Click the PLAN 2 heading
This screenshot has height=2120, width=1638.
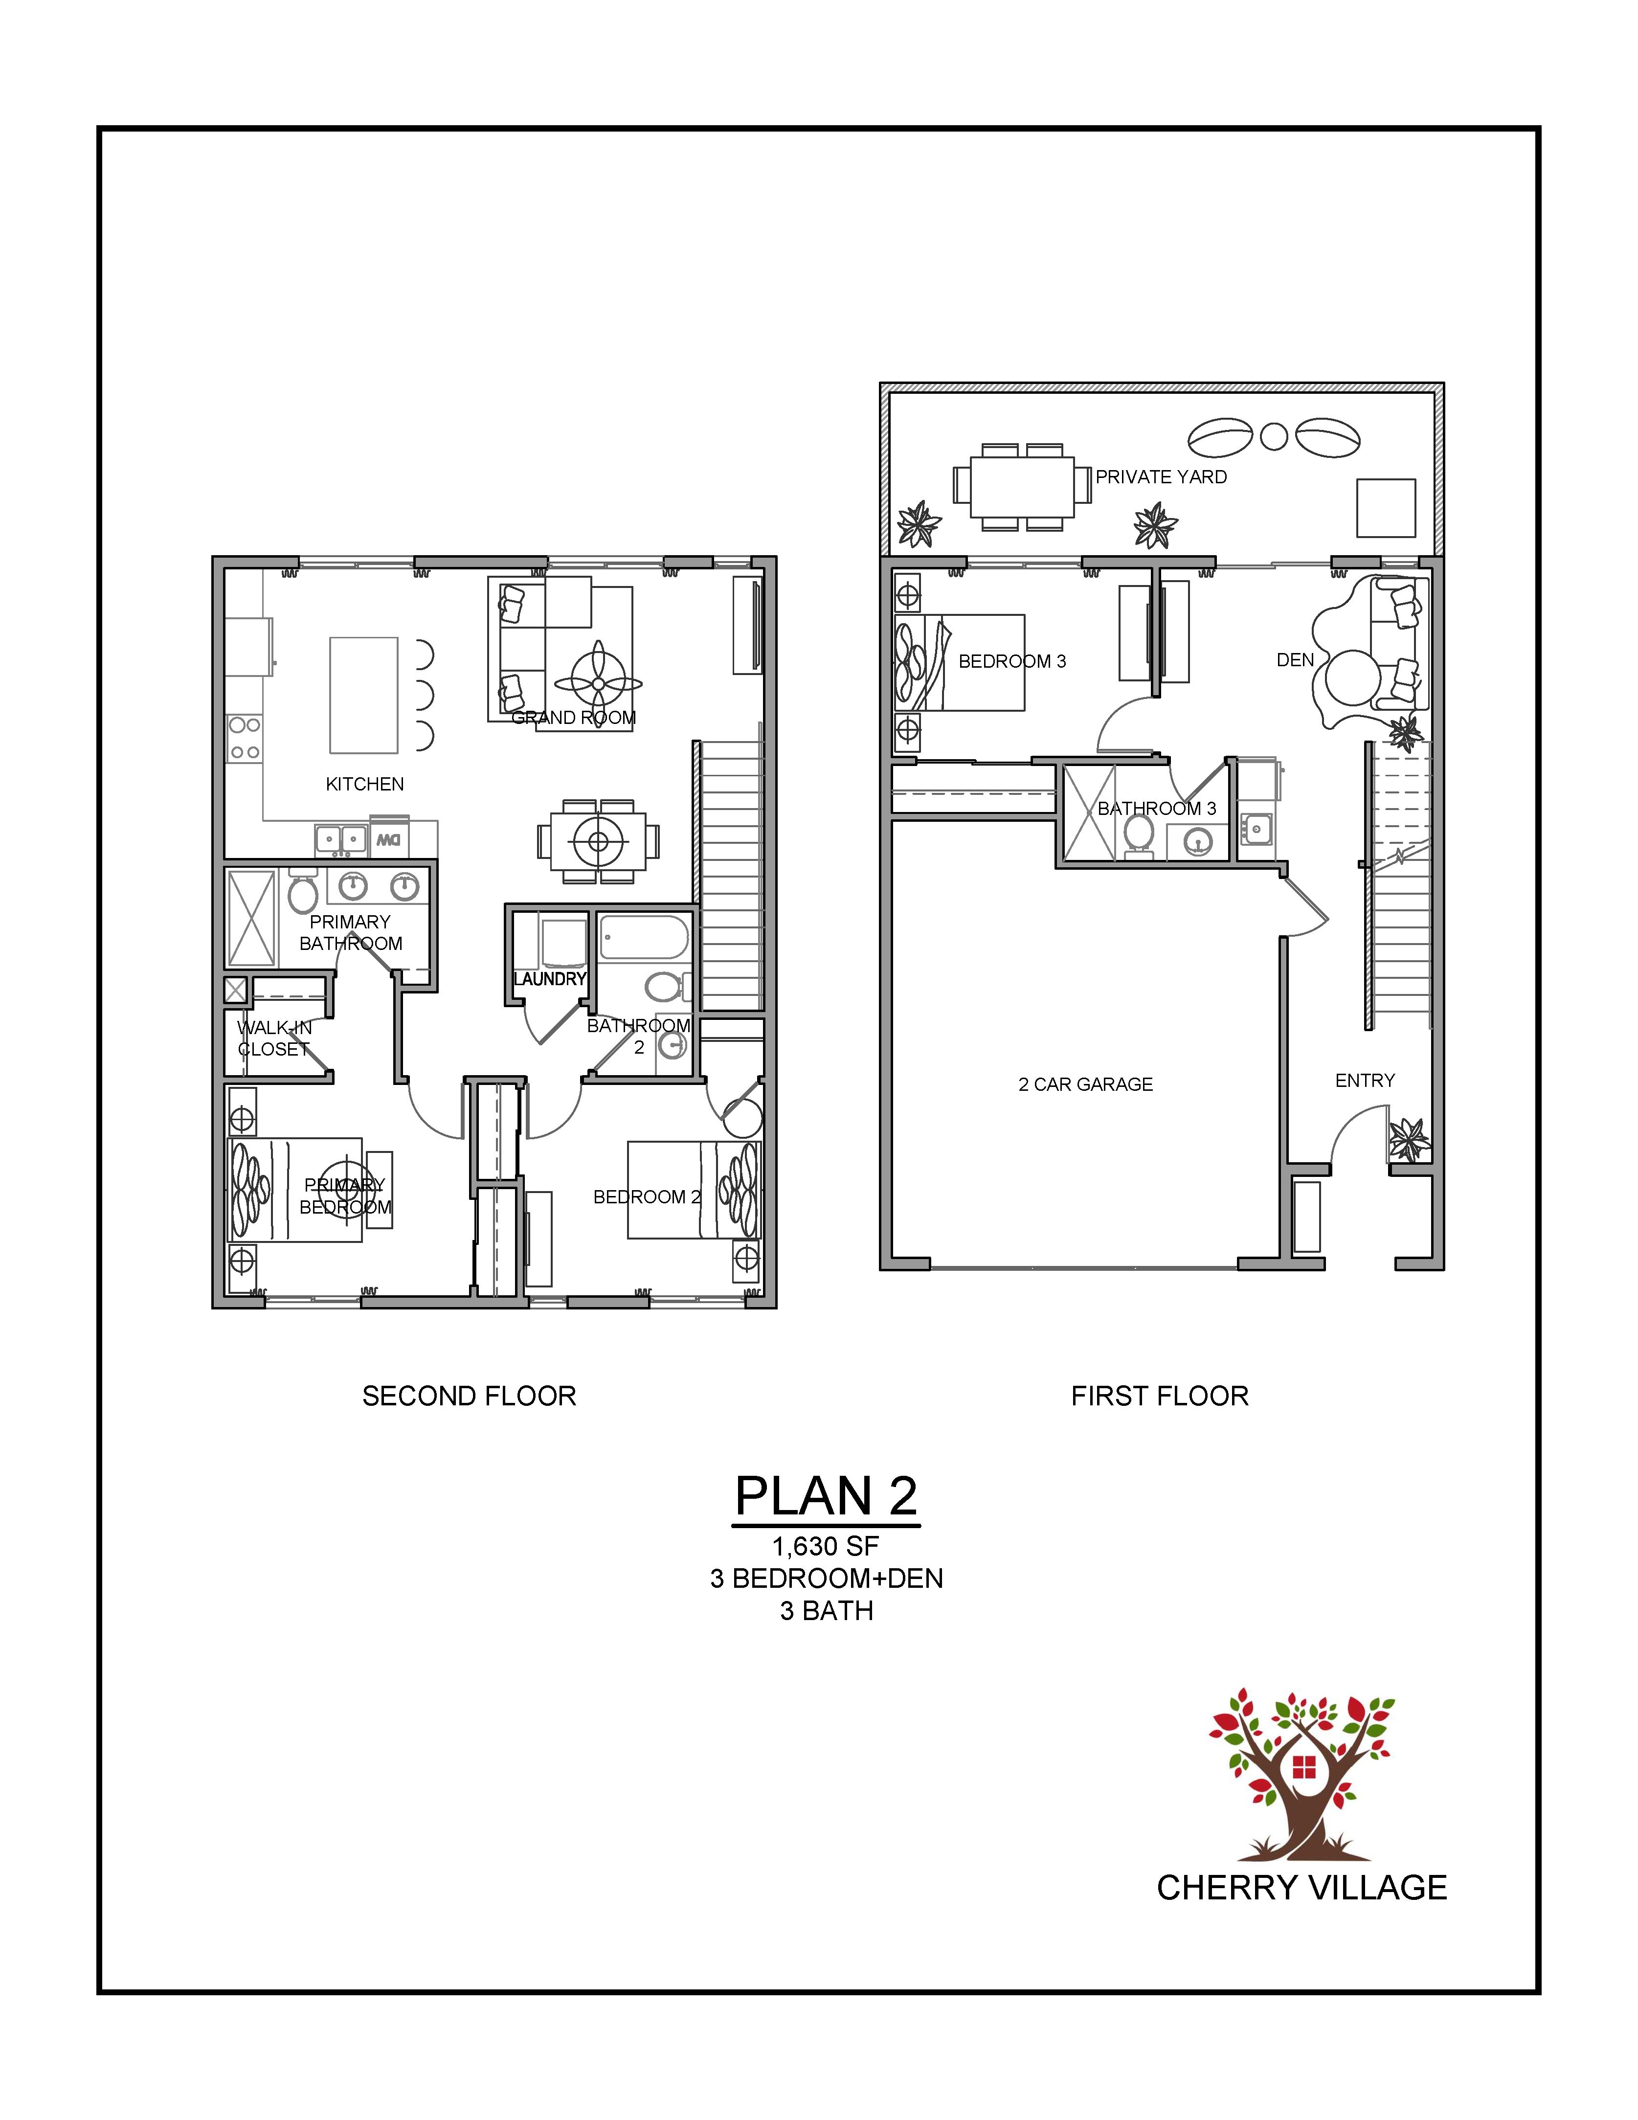tap(826, 1496)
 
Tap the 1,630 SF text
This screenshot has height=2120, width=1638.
tap(826, 1546)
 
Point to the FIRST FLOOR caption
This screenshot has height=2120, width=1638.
tap(1160, 1396)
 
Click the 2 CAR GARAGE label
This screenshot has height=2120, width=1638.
tap(1086, 1084)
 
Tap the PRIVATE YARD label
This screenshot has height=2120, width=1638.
tap(1162, 476)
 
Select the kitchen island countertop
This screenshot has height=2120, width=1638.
tap(364, 695)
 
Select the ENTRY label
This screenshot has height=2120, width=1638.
tap(1365, 1081)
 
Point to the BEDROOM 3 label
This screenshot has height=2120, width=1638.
tap(1012, 661)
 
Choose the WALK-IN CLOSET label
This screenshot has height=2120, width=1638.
tap(274, 1037)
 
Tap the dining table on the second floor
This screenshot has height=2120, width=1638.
tap(598, 841)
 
